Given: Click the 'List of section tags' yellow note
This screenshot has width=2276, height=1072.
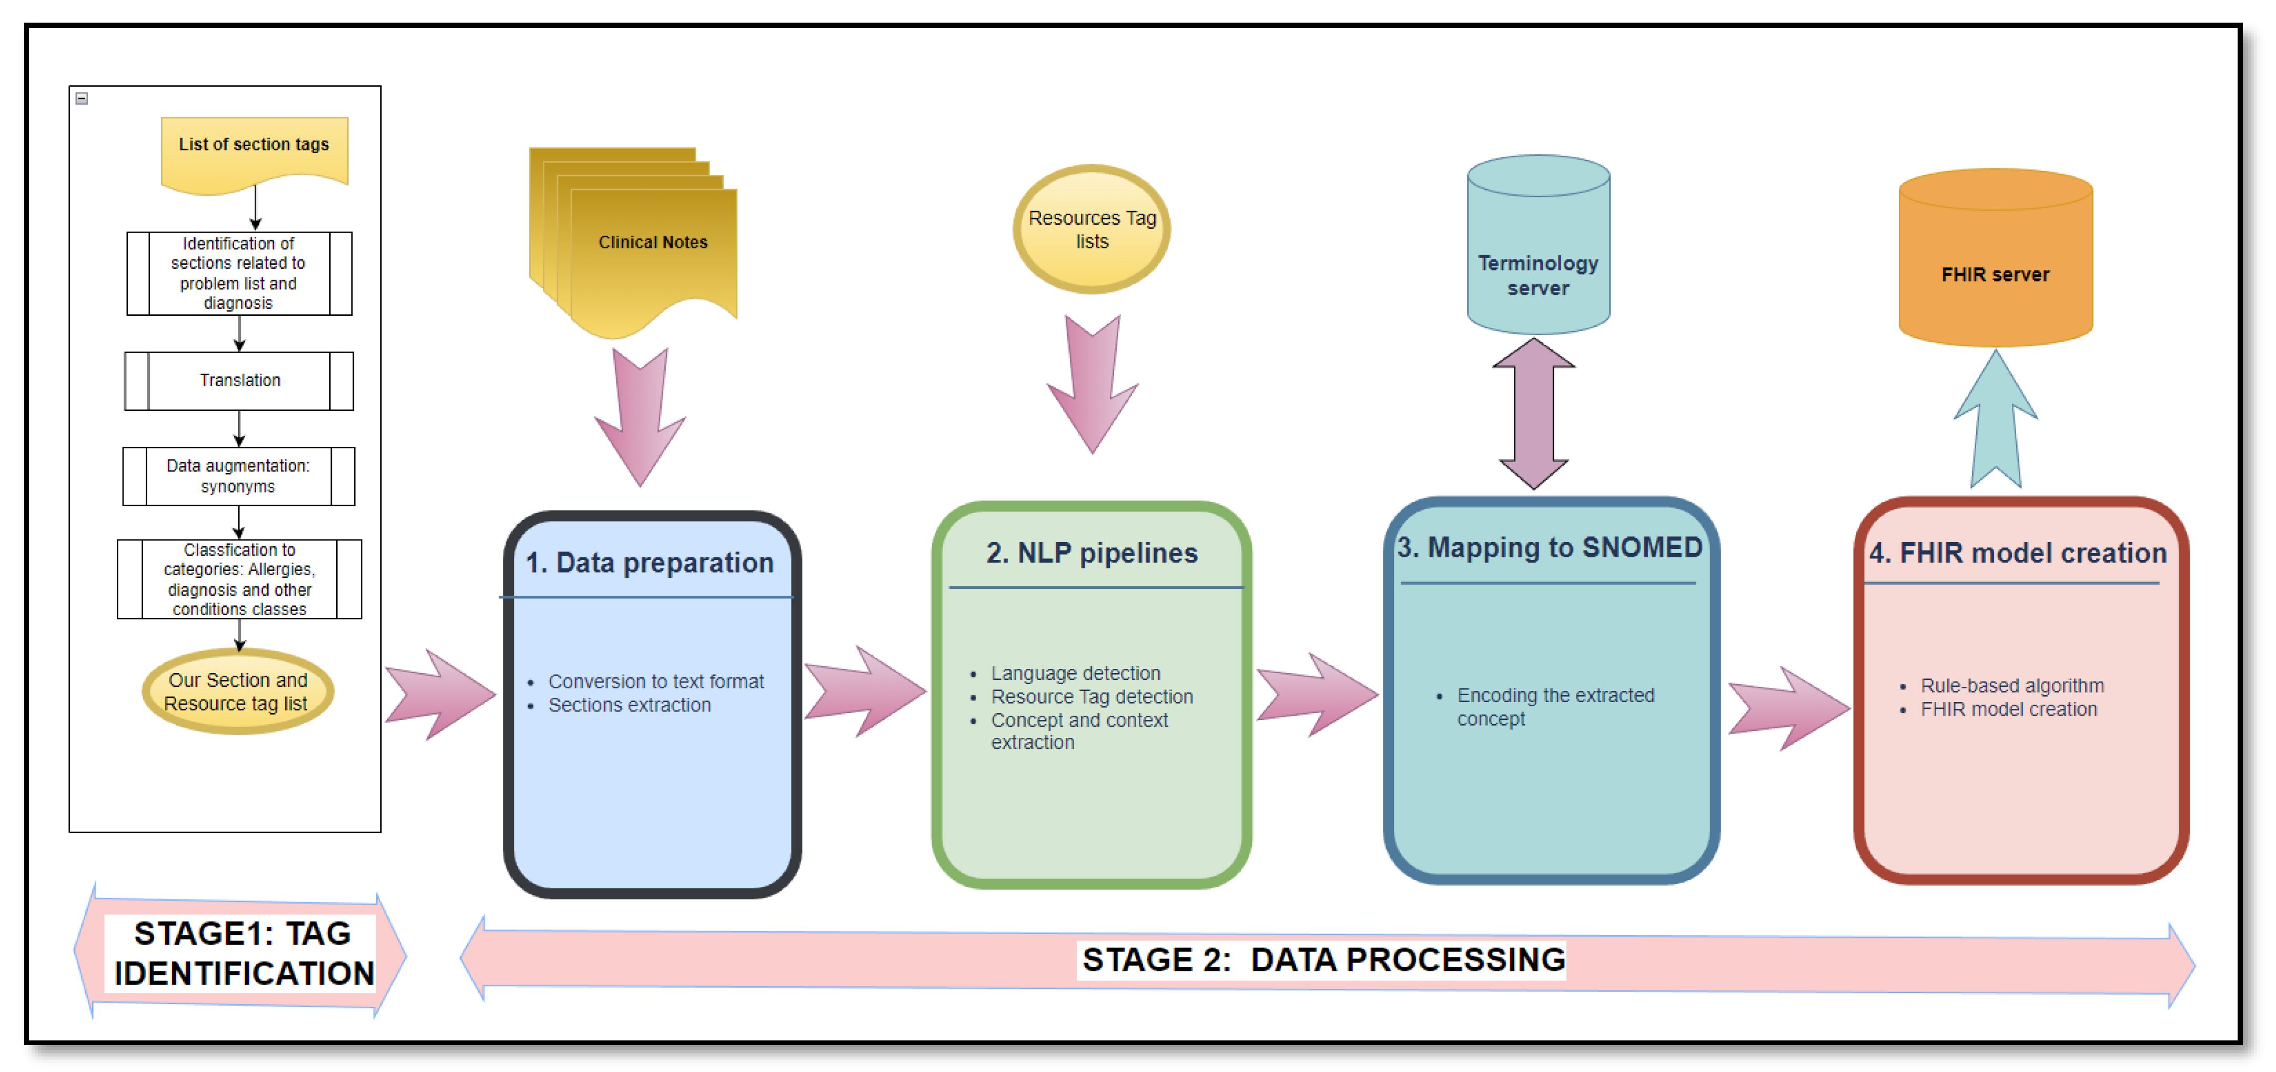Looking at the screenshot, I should click(x=254, y=149).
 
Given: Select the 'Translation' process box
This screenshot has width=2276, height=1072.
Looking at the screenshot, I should click(x=239, y=381).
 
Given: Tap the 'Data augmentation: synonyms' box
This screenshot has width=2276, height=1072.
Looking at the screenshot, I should click(x=239, y=476).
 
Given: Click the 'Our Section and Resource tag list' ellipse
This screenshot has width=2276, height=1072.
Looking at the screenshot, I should click(x=238, y=692).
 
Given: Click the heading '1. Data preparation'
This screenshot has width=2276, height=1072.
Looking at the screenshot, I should click(x=650, y=563).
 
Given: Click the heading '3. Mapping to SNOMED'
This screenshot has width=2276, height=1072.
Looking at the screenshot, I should click(x=1549, y=548).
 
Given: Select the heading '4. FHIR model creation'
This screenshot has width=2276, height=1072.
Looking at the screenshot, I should click(x=2017, y=553).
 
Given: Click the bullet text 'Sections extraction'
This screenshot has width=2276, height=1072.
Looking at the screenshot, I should click(x=629, y=705).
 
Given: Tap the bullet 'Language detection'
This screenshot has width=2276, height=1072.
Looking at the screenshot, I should click(x=1075, y=674).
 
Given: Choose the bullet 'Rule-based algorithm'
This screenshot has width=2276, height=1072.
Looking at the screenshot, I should click(x=2012, y=686).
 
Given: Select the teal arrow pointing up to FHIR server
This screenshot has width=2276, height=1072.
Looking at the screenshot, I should click(x=1995, y=420).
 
